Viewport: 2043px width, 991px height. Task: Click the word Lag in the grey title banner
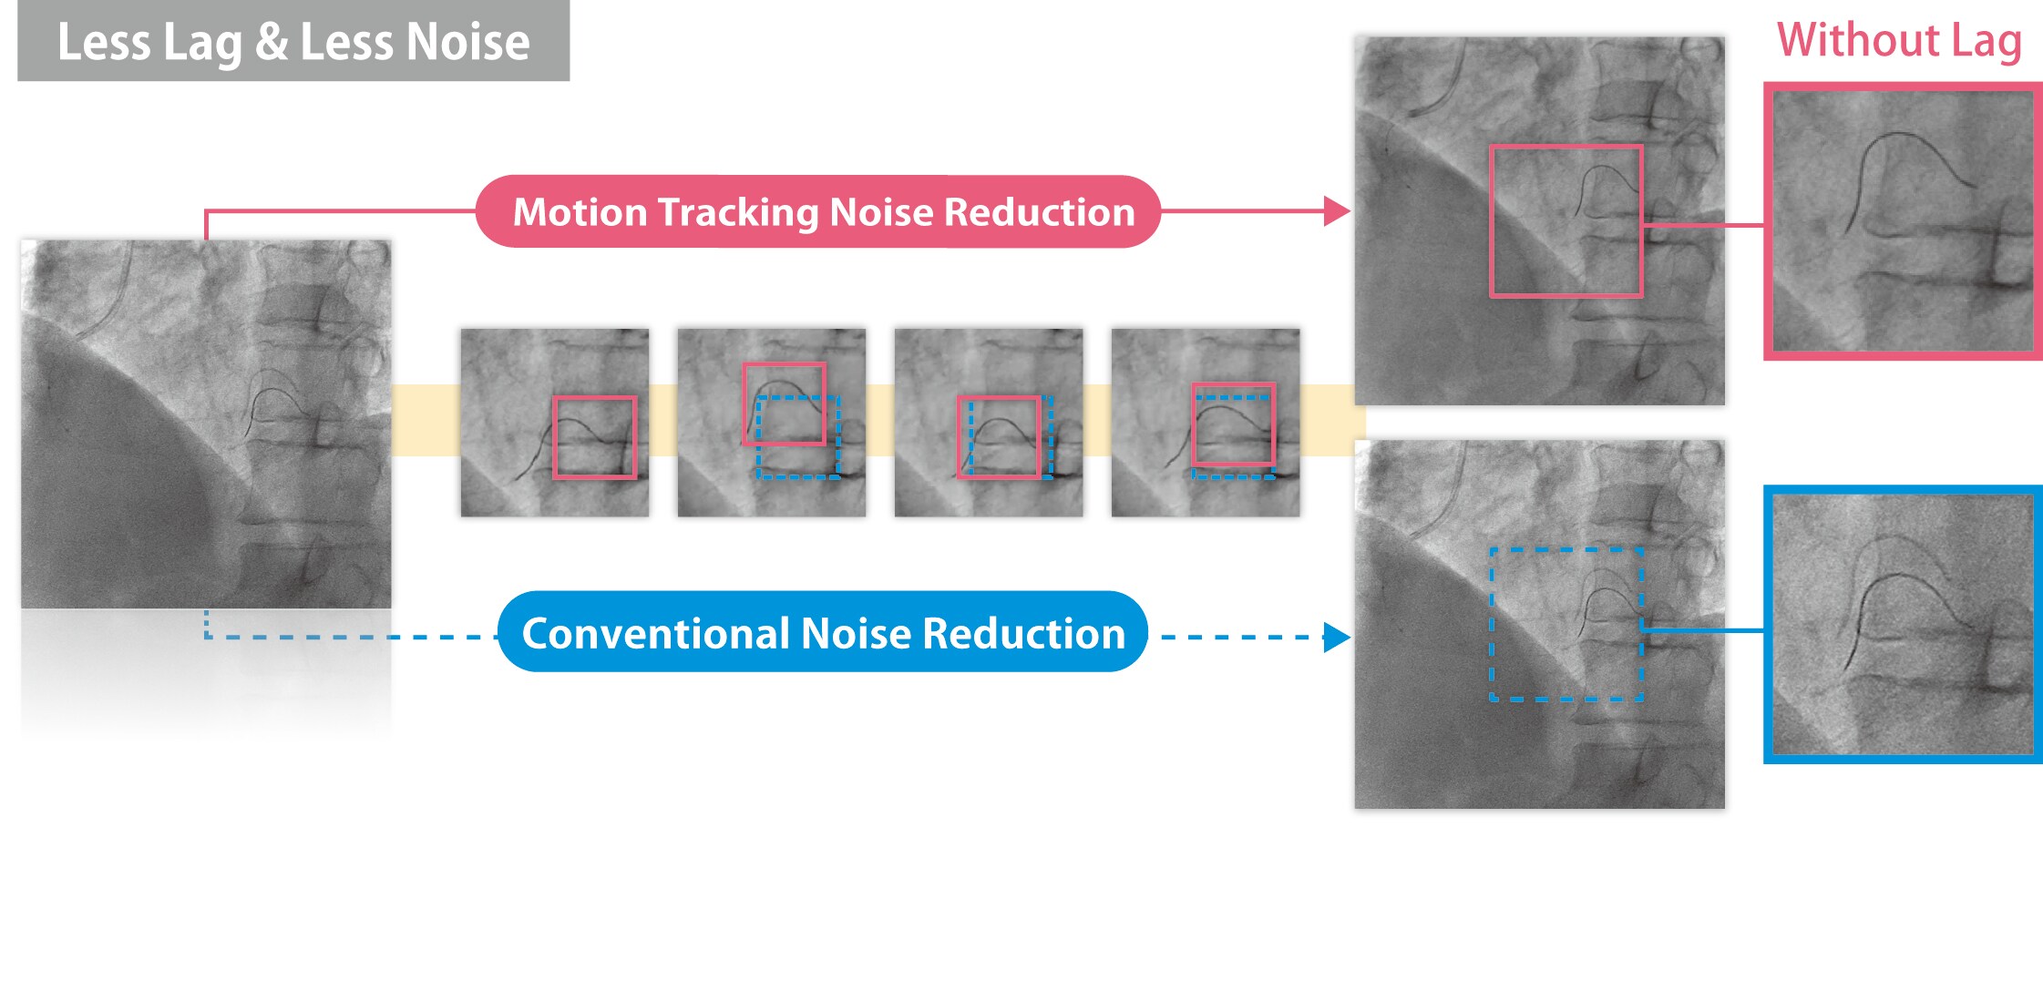[202, 43]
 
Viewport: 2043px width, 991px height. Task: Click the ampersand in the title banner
[272, 42]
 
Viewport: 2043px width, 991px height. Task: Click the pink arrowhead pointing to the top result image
[1336, 211]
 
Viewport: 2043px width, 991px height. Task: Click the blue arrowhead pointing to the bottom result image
[1336, 638]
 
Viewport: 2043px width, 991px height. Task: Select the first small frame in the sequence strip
[555, 423]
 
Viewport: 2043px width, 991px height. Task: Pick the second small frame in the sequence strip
[772, 423]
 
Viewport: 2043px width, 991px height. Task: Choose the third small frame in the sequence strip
[989, 423]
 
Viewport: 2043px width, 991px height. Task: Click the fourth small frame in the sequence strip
[1206, 423]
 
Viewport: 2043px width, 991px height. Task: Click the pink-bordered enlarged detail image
[1903, 221]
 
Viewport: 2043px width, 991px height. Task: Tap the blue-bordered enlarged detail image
[1903, 624]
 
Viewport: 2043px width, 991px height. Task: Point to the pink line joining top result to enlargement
[1703, 224]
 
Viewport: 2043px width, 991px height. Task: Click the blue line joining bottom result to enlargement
[1703, 629]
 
